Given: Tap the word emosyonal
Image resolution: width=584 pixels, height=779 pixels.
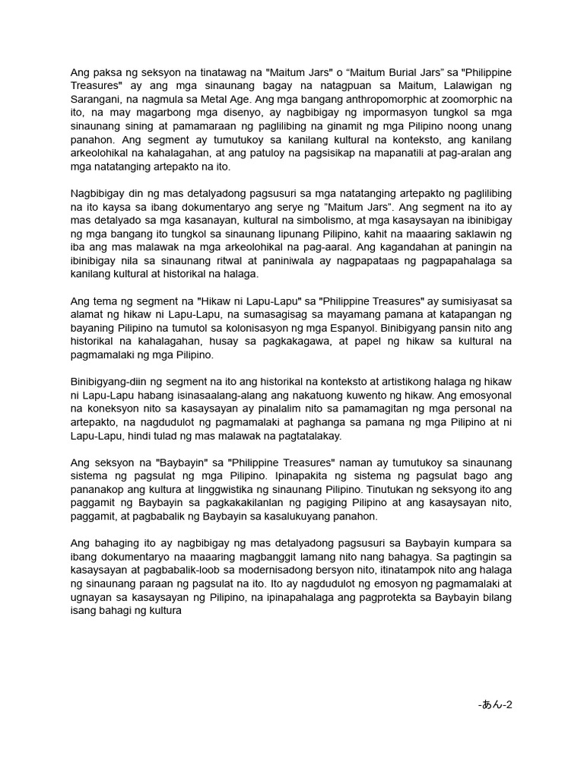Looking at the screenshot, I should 473,396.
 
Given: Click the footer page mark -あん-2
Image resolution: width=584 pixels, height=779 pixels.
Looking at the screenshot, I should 495,704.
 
